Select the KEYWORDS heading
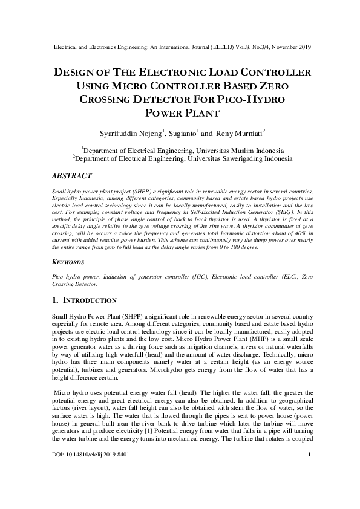click(x=64, y=264)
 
